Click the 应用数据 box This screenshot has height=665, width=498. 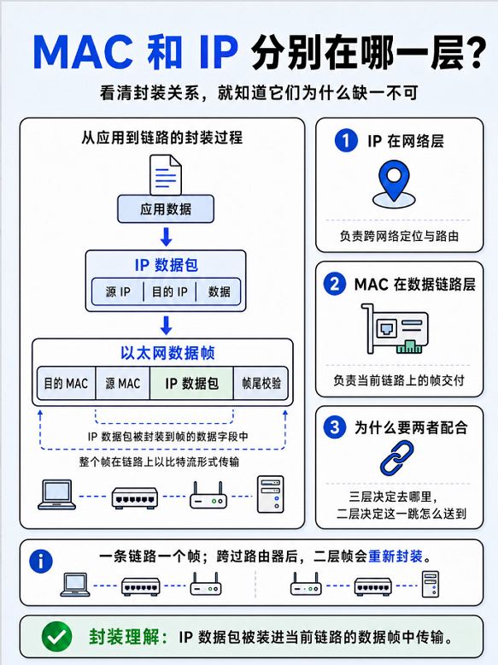[166, 209]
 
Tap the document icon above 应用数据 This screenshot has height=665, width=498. [166, 174]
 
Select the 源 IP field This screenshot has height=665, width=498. [118, 291]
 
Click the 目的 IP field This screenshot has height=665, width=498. [169, 291]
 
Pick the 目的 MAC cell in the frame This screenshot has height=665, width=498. [66, 384]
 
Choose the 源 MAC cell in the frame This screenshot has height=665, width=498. [123, 384]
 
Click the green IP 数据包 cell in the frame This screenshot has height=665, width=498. [191, 384]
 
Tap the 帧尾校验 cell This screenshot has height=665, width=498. [261, 384]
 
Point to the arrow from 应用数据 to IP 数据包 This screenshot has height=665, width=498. [166, 237]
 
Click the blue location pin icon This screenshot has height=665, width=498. [394, 184]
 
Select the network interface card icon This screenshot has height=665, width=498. [395, 329]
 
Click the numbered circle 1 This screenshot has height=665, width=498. [346, 140]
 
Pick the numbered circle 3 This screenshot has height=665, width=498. [335, 427]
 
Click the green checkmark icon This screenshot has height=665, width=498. [56, 637]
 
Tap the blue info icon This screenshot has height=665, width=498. [41, 562]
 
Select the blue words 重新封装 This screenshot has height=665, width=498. [395, 556]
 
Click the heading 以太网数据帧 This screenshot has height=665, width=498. [167, 353]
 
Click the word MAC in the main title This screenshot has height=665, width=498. [83, 53]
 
